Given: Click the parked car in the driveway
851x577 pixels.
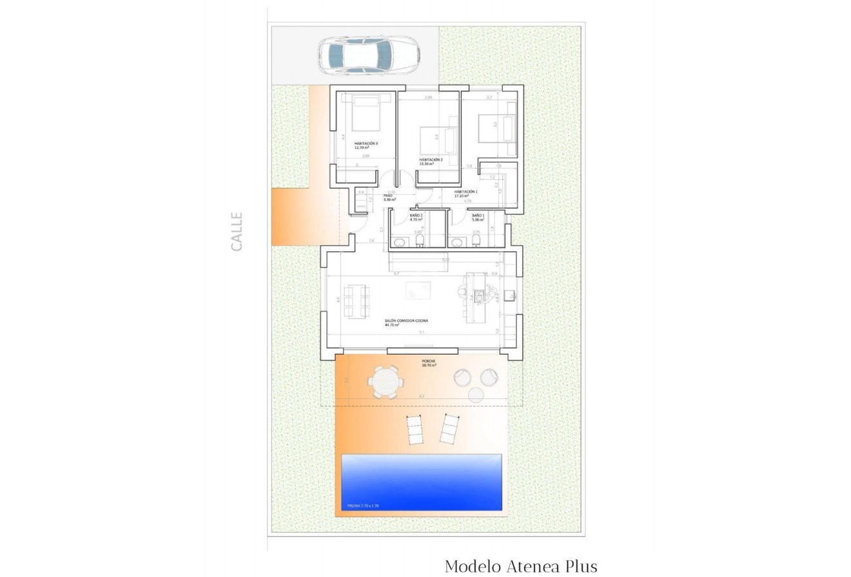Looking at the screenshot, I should click(368, 55).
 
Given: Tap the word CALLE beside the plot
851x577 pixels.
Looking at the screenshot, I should click(237, 231).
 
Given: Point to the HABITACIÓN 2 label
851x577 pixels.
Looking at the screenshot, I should click(431, 160).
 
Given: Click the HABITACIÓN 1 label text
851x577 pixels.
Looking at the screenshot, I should click(465, 191).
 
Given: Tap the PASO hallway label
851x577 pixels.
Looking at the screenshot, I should click(388, 195).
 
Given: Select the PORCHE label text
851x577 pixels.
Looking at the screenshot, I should click(429, 361).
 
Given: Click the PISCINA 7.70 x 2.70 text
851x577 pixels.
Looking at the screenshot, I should click(363, 506).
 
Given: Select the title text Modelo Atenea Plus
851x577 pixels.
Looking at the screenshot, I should click(521, 566).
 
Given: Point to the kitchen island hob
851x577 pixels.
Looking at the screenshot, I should click(479, 296).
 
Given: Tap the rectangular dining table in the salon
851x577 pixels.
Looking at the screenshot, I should click(357, 301).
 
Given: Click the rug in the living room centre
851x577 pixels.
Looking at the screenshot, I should click(418, 290).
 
